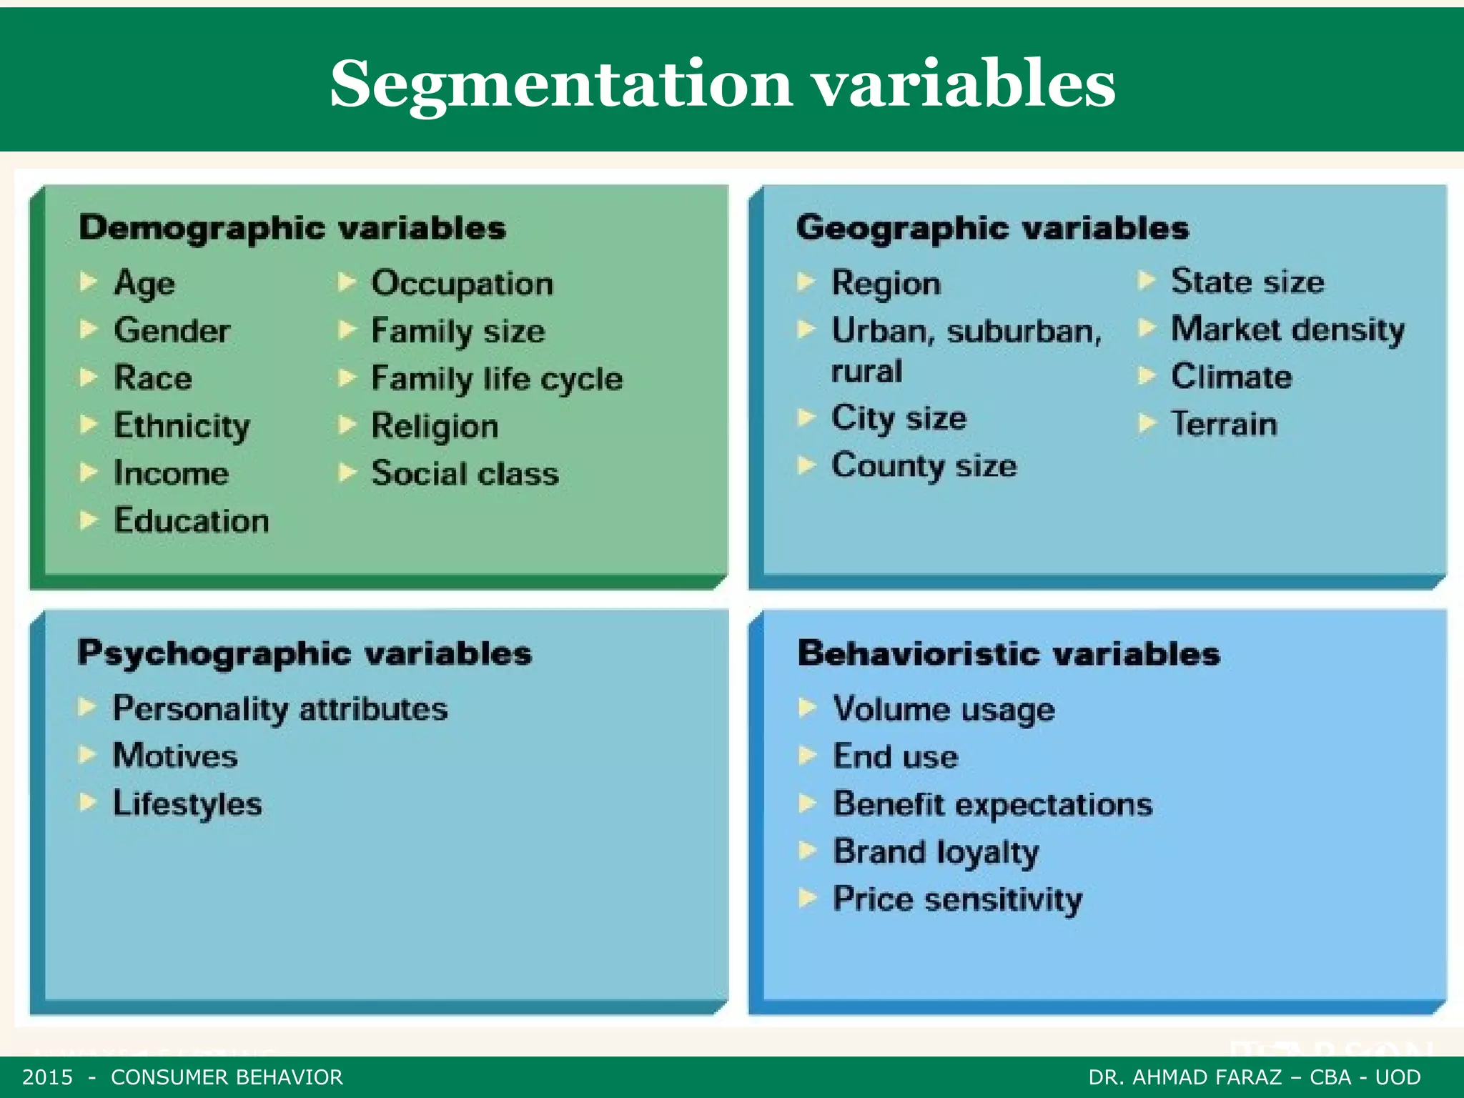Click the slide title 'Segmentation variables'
pyautogui.click(x=722, y=84)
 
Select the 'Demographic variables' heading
pyautogui.click(x=292, y=229)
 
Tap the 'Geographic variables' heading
pyautogui.click(x=992, y=229)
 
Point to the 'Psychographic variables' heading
pyautogui.click(x=305, y=653)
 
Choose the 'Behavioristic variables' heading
pyautogui.click(x=1009, y=654)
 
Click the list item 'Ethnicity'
pyautogui.click(x=182, y=426)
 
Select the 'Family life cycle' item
pyautogui.click(x=497, y=379)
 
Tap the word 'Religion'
pyautogui.click(x=435, y=427)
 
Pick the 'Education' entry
pyautogui.click(x=192, y=520)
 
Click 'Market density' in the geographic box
pyautogui.click(x=1287, y=330)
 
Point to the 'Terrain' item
pyautogui.click(x=1224, y=424)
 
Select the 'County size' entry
pyautogui.click(x=924, y=466)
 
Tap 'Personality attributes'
pyautogui.click(x=280, y=709)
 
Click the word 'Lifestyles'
pyautogui.click(x=187, y=804)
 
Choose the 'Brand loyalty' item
pyautogui.click(x=936, y=852)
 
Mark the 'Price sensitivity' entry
pyautogui.click(x=958, y=899)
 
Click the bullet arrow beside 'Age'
pyautogui.click(x=89, y=282)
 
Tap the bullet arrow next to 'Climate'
pyautogui.click(x=1146, y=375)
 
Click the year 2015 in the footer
pyautogui.click(x=48, y=1077)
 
